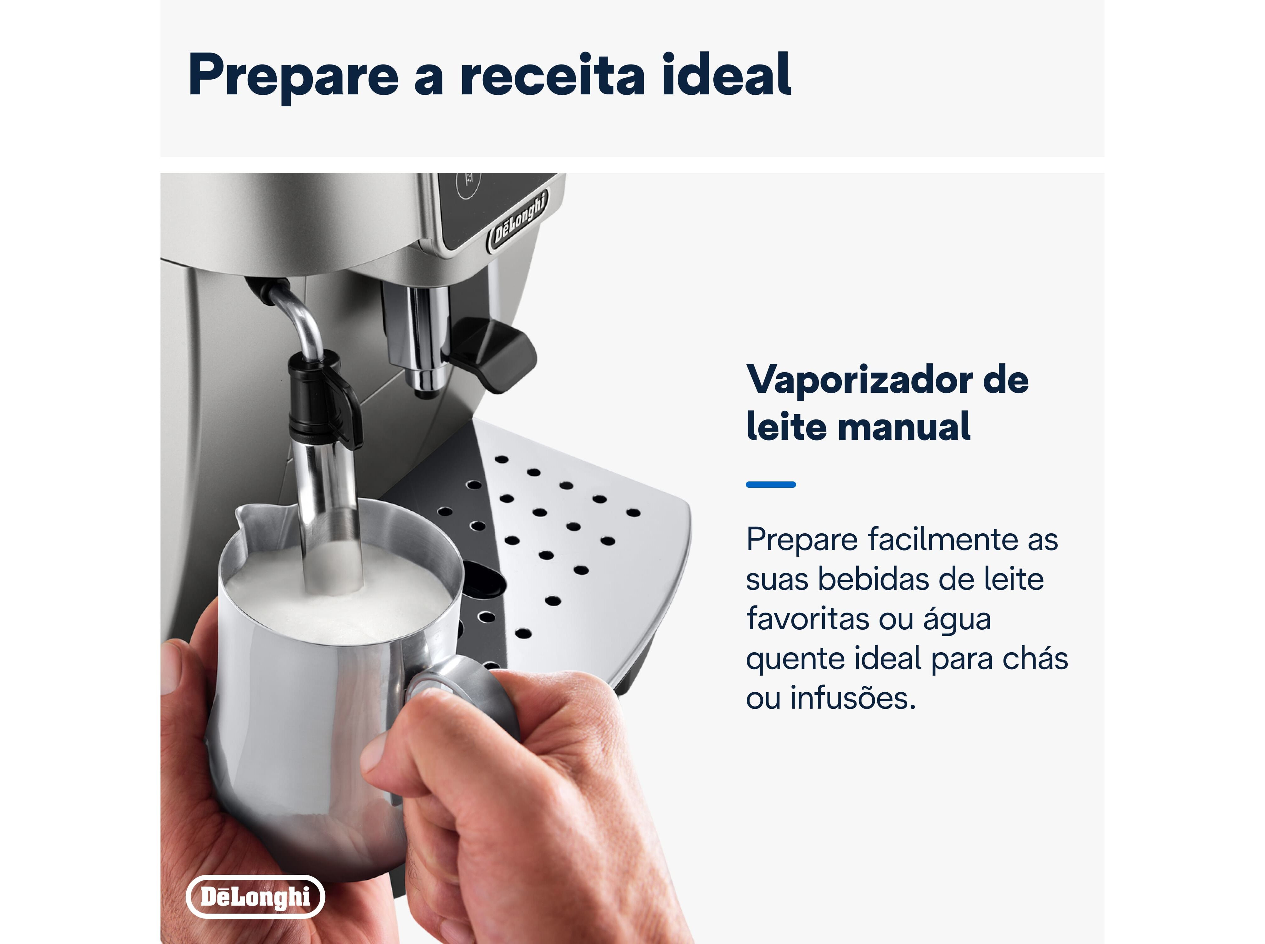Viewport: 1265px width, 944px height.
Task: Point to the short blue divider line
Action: [x=770, y=485]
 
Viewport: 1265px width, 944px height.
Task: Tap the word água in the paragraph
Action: [x=957, y=620]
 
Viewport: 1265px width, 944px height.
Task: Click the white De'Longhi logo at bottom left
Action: [x=256, y=896]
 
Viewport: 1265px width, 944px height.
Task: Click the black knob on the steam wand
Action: [x=323, y=400]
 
